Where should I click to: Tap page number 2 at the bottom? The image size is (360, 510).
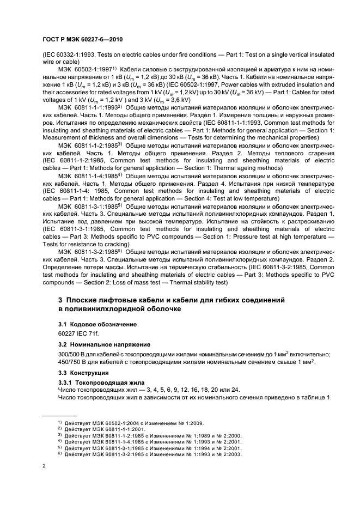coord(44,466)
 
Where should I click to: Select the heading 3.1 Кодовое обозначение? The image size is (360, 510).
coord(90,324)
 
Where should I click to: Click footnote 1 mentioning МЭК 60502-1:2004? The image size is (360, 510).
coord(130,423)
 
